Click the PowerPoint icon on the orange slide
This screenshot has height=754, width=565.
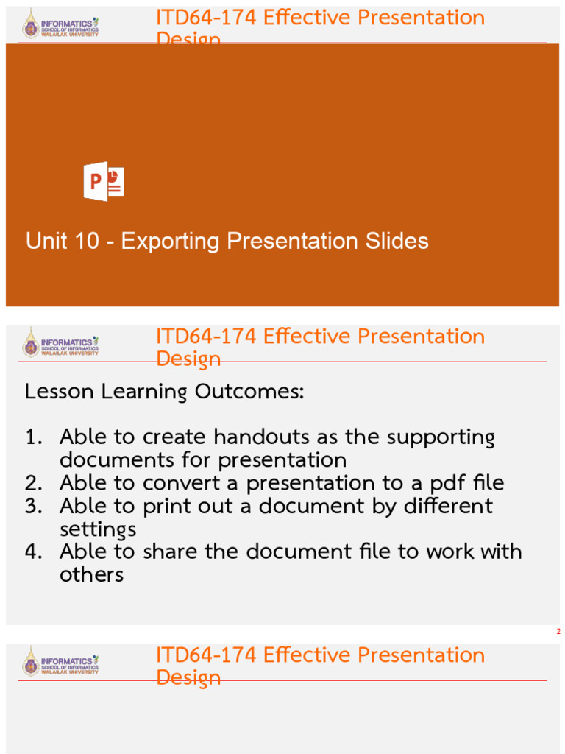(x=104, y=181)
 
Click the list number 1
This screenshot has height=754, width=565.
(x=34, y=437)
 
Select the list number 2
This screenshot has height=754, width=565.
(x=34, y=483)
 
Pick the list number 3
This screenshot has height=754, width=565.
(x=34, y=507)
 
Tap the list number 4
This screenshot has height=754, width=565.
(x=34, y=552)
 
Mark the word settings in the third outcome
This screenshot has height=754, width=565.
(x=98, y=530)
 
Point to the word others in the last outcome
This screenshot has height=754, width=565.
(x=91, y=575)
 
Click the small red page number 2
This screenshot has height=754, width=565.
(x=558, y=632)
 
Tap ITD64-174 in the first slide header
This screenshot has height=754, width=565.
(x=207, y=18)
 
